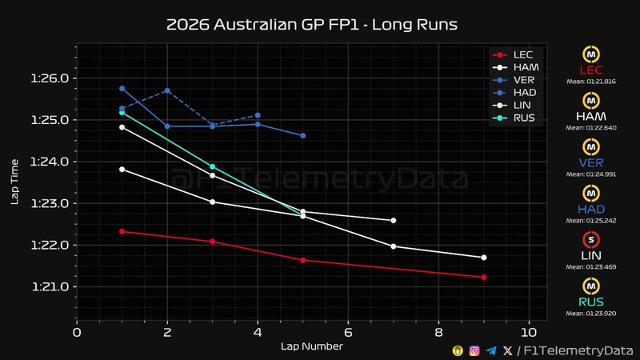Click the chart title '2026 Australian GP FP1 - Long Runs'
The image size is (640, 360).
point(311,24)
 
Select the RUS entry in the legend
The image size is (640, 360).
point(525,118)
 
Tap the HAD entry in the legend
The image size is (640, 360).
point(525,93)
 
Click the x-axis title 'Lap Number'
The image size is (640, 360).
point(311,346)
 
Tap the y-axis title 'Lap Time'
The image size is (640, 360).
point(14,181)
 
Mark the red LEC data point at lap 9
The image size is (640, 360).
point(484,277)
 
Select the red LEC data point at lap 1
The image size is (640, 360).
point(122,231)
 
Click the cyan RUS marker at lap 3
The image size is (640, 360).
point(212,166)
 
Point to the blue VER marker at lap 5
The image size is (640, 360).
point(302,136)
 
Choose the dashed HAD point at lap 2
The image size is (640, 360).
point(167,90)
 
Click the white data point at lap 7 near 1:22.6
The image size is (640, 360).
point(393,220)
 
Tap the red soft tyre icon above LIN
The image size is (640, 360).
point(590,239)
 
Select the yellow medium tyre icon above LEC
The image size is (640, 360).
point(590,54)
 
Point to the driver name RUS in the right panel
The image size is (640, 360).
point(590,302)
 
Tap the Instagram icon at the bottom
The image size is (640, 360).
point(474,350)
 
